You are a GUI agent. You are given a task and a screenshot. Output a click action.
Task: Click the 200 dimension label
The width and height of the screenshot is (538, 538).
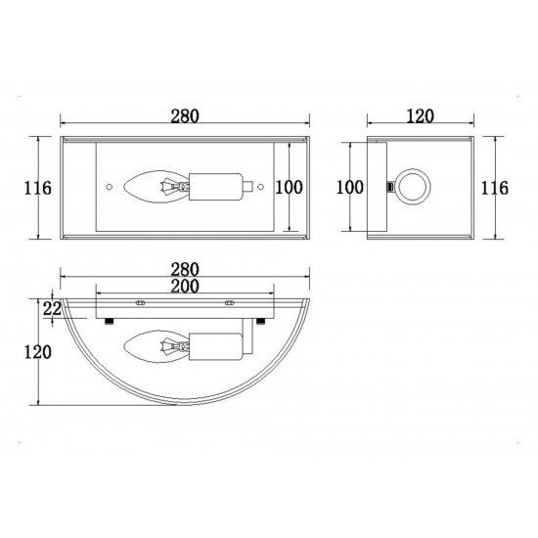click(185, 287)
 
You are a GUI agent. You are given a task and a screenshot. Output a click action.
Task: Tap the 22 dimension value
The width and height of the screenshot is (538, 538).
click(52, 308)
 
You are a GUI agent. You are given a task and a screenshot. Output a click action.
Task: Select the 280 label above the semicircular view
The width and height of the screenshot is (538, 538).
click(185, 270)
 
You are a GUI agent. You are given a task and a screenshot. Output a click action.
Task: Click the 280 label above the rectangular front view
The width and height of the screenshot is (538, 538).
click(185, 116)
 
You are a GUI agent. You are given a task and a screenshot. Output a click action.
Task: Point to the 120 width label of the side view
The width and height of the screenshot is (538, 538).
click(421, 116)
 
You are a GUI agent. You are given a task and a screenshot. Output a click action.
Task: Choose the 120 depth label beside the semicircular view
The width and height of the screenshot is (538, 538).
click(38, 352)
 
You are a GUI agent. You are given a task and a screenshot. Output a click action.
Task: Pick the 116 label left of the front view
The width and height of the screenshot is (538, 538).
click(38, 188)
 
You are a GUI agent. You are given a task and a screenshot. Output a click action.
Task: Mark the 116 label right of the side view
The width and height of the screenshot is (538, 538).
click(494, 188)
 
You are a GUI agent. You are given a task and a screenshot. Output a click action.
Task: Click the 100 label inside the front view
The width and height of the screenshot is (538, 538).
click(290, 188)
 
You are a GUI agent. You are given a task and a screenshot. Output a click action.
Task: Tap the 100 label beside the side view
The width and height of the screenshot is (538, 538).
click(349, 188)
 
